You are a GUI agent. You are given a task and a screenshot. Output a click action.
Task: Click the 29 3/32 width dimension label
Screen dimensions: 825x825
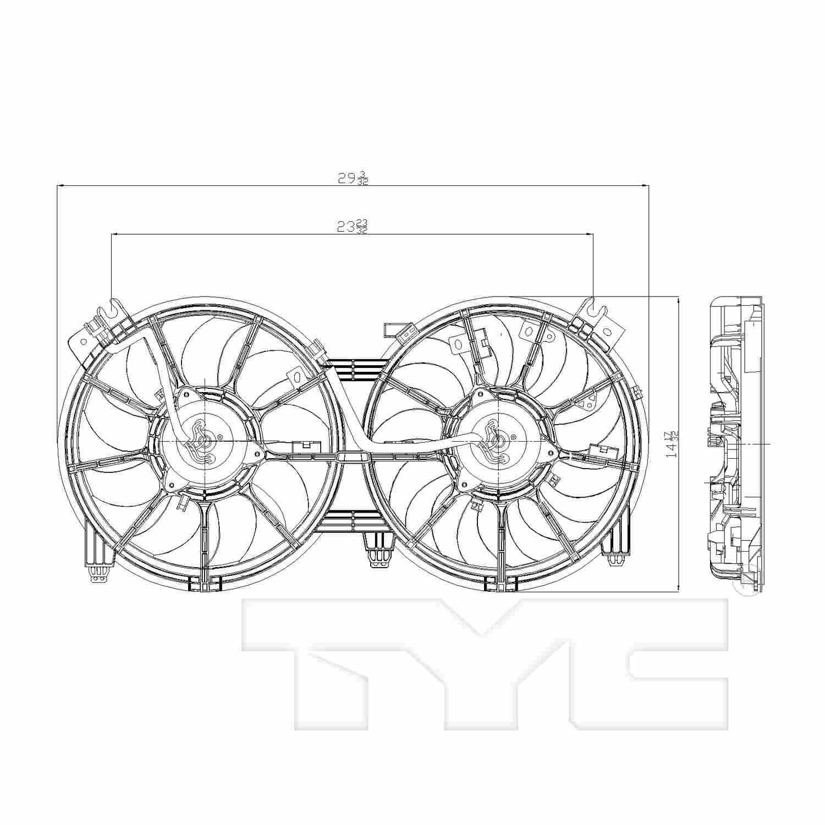click(352, 178)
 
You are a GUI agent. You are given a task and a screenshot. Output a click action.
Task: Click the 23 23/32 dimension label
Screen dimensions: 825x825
click(352, 226)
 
